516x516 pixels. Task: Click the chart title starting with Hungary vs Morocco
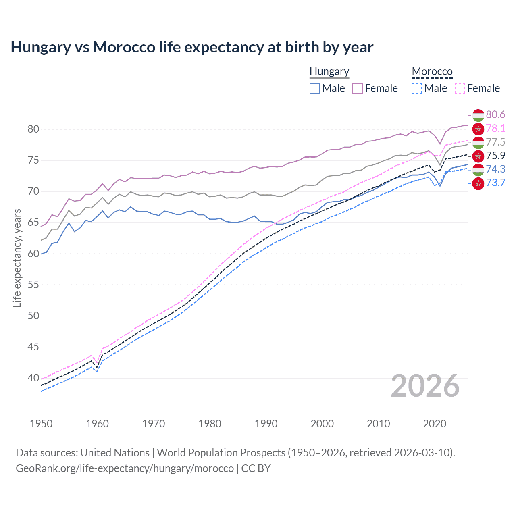pyautogui.click(x=192, y=47)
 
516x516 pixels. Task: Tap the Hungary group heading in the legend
pyautogui.click(x=329, y=72)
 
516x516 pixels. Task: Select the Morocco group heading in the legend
pyautogui.click(x=432, y=72)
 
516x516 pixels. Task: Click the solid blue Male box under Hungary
pyautogui.click(x=315, y=88)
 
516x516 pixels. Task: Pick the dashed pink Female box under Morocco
pyautogui.click(x=460, y=88)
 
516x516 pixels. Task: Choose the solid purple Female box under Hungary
pyautogui.click(x=358, y=88)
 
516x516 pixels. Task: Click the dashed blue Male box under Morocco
pyautogui.click(x=417, y=88)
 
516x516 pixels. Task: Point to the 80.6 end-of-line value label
pyautogui.click(x=495, y=115)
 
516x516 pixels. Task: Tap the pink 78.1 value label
pyautogui.click(x=495, y=129)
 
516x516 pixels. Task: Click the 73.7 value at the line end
pyautogui.click(x=495, y=183)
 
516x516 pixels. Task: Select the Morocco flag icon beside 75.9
pyautogui.click(x=478, y=156)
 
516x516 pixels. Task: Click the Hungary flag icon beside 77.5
pyautogui.click(x=478, y=142)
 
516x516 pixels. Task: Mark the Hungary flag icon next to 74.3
pyautogui.click(x=478, y=170)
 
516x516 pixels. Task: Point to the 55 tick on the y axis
pyautogui.click(x=33, y=285)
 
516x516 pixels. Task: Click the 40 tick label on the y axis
pyautogui.click(x=33, y=378)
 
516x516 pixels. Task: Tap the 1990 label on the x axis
pyautogui.click(x=266, y=424)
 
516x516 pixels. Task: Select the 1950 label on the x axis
pyautogui.click(x=41, y=424)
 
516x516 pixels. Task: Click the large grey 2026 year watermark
pyautogui.click(x=425, y=386)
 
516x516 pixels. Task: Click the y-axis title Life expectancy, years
pyautogui.click(x=17, y=258)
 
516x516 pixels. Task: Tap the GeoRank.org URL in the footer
pyautogui.click(x=125, y=468)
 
